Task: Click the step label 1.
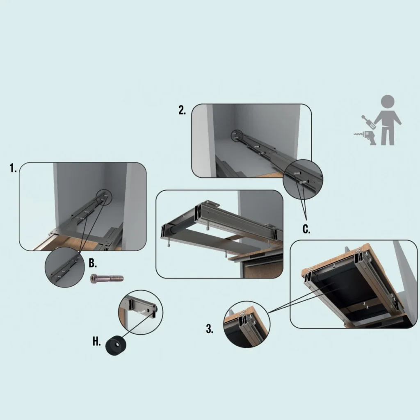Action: point(13,168)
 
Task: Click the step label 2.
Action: point(182,110)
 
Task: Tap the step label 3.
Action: point(210,329)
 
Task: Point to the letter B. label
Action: point(93,263)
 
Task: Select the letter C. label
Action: point(306,229)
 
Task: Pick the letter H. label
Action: point(96,342)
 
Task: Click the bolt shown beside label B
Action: point(107,278)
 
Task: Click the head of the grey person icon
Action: point(387,102)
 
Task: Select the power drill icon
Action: point(365,137)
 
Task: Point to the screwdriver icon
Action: point(367,122)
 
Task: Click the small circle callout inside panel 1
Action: point(104,197)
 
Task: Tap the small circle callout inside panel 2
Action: point(237,135)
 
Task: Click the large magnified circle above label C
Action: point(303,180)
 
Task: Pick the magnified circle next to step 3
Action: point(247,324)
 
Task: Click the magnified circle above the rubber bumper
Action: point(141,312)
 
